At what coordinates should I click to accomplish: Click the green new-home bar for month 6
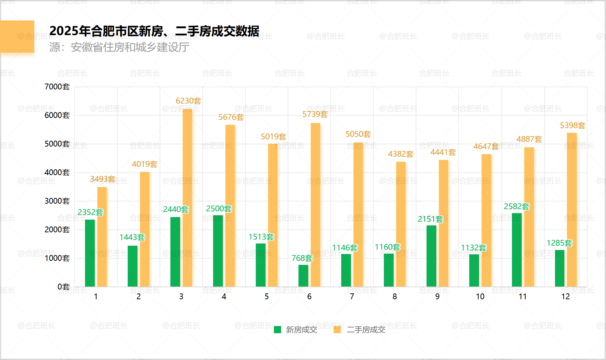(x=303, y=276)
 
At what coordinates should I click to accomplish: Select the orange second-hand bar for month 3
(x=187, y=198)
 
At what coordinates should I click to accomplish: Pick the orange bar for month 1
(x=102, y=237)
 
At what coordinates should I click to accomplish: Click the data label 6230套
(x=188, y=101)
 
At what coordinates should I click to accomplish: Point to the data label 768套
(x=302, y=258)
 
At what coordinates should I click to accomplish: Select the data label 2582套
(x=516, y=207)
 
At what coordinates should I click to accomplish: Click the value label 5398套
(x=572, y=126)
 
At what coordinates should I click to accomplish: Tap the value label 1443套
(x=132, y=237)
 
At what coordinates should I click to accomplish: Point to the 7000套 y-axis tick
(x=57, y=87)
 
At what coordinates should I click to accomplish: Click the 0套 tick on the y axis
(x=64, y=287)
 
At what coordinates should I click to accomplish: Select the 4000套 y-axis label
(x=57, y=173)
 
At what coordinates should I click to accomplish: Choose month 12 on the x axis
(x=565, y=297)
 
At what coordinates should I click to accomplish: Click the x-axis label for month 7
(x=352, y=297)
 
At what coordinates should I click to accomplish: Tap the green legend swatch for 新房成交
(x=277, y=330)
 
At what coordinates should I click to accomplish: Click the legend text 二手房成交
(x=366, y=330)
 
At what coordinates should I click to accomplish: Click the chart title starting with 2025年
(x=154, y=31)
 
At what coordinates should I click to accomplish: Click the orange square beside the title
(x=17, y=37)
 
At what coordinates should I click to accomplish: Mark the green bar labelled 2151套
(x=431, y=256)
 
